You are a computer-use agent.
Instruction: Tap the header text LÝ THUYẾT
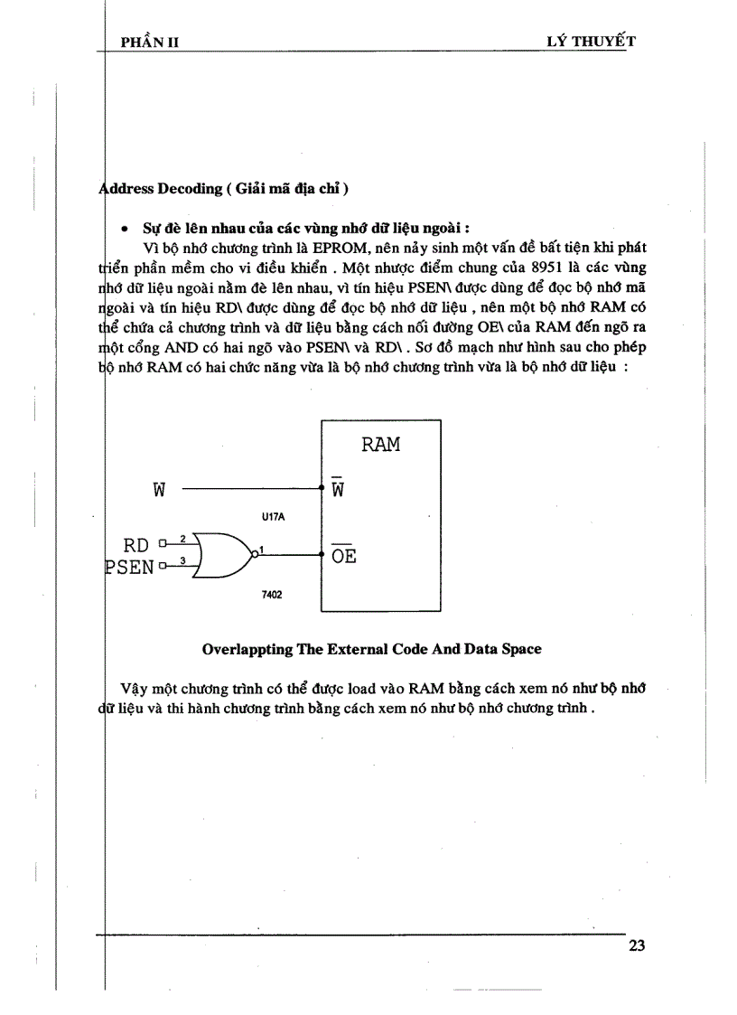(x=585, y=41)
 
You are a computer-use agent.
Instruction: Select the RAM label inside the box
(x=380, y=445)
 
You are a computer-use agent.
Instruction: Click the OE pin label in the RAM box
(x=343, y=556)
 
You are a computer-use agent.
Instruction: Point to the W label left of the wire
(x=159, y=491)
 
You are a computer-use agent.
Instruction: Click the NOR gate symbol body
(x=221, y=555)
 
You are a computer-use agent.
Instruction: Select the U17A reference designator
(x=271, y=518)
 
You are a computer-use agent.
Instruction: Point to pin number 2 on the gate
(x=182, y=539)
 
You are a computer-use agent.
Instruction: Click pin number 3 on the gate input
(x=182, y=562)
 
